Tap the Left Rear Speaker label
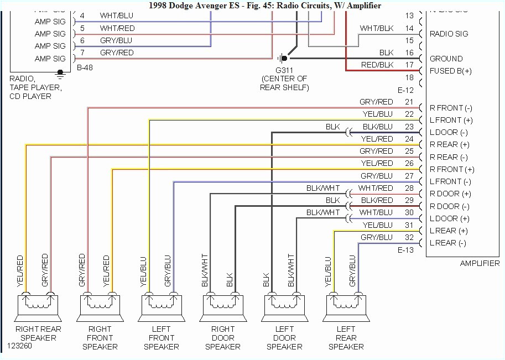click(x=346, y=338)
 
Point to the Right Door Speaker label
click(x=223, y=338)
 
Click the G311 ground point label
click(x=284, y=79)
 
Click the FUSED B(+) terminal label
click(x=451, y=71)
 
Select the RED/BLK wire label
click(x=377, y=65)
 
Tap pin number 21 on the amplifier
click(x=409, y=102)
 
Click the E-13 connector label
click(x=405, y=250)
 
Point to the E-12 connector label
click(x=405, y=90)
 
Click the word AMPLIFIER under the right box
click(x=480, y=264)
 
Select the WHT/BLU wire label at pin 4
click(x=117, y=15)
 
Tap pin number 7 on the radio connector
click(x=82, y=53)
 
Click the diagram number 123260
click(x=19, y=347)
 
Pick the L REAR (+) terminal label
click(x=449, y=231)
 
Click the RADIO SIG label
click(x=449, y=34)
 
